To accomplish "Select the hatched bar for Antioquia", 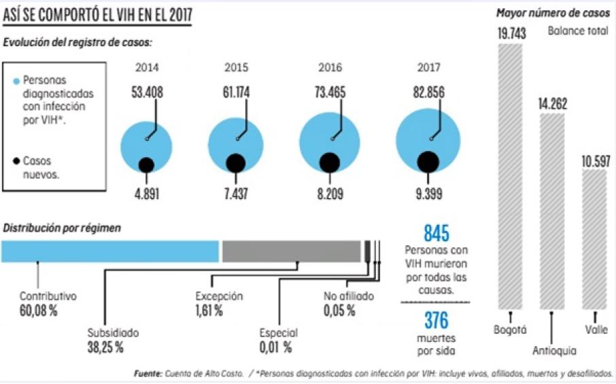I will [551, 211].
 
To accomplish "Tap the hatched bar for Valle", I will [594, 238].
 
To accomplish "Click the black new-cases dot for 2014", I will [145, 164].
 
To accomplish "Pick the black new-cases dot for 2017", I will [428, 161].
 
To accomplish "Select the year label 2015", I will [237, 68].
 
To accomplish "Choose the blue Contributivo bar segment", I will [110, 251].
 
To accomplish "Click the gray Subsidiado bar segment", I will [291, 251].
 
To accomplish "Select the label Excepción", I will [219, 296].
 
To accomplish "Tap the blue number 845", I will [435, 233].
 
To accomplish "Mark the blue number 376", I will [435, 319].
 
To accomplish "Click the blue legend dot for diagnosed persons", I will [16, 80].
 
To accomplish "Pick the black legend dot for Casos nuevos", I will [16, 162].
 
